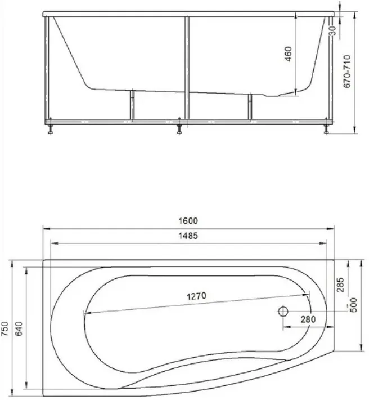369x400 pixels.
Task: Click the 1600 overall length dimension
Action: click(x=188, y=221)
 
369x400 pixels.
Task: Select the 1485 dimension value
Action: click(x=188, y=235)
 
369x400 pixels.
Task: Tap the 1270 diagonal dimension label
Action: click(x=197, y=296)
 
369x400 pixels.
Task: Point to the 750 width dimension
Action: click(x=5, y=329)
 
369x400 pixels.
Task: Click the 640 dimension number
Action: click(x=19, y=329)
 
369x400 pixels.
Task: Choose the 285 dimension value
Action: click(x=340, y=285)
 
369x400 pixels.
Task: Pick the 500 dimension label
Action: click(x=354, y=305)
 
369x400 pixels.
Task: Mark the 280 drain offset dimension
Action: click(x=308, y=319)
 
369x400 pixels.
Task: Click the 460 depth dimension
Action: click(x=288, y=54)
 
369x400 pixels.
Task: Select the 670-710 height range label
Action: click(x=347, y=71)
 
